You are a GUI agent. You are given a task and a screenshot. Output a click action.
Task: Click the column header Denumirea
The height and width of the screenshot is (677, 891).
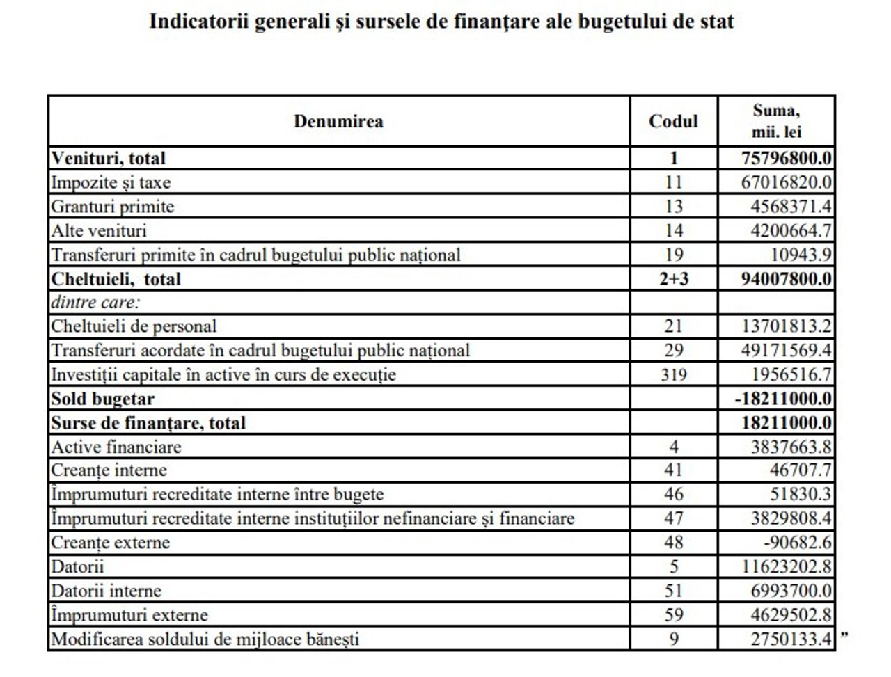click(x=338, y=121)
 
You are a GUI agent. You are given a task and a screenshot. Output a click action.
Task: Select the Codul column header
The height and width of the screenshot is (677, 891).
click(x=673, y=121)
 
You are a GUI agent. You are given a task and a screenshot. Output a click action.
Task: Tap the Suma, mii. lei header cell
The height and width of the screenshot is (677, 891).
click(x=776, y=121)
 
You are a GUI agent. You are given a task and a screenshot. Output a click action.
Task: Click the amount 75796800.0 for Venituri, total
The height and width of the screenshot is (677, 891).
click(x=786, y=158)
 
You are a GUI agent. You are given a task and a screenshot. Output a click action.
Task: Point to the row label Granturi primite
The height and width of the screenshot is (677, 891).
click(x=113, y=207)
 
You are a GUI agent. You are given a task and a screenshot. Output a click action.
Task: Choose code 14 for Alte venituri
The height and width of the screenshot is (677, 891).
click(x=673, y=230)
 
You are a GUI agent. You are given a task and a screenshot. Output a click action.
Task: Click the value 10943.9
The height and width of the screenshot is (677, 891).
click(x=801, y=255)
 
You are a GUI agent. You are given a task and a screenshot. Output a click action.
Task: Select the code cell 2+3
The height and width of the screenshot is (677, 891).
click(x=673, y=279)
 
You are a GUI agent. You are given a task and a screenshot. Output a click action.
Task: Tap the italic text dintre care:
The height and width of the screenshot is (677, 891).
click(x=95, y=303)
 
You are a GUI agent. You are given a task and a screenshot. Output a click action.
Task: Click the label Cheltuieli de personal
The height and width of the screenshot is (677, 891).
click(x=134, y=326)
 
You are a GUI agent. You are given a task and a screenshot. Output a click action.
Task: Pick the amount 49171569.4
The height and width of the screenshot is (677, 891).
click(x=786, y=350)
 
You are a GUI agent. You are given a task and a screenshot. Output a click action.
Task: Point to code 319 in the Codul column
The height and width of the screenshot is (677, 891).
click(x=673, y=374)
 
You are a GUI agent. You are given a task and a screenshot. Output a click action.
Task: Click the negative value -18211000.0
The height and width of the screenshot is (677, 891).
click(x=783, y=399)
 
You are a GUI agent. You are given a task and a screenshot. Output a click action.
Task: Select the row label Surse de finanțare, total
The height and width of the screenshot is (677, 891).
click(x=148, y=423)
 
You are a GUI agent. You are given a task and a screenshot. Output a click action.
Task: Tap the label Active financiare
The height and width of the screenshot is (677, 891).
click(x=116, y=447)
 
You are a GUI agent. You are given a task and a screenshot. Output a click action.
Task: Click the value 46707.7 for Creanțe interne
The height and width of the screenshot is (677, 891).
click(x=801, y=470)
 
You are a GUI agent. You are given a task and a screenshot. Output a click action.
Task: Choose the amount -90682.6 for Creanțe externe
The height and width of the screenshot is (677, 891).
click(x=798, y=543)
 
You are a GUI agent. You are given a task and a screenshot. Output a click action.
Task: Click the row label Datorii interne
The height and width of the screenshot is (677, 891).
click(x=107, y=591)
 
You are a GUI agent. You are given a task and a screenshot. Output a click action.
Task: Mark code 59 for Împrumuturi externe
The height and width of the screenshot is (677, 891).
click(x=673, y=615)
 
